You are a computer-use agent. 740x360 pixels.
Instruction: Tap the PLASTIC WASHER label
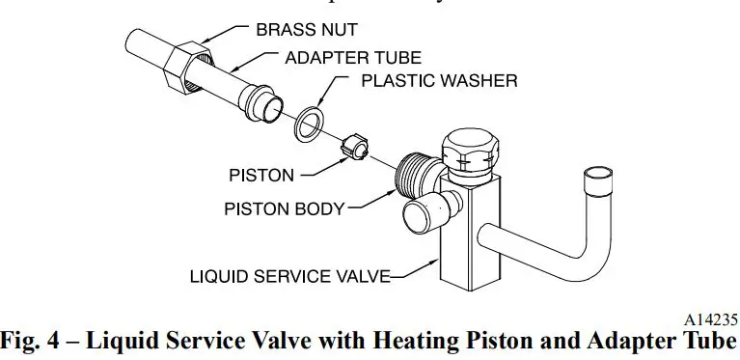coord(439,80)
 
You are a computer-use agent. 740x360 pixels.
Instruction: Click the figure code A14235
coord(711,318)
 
